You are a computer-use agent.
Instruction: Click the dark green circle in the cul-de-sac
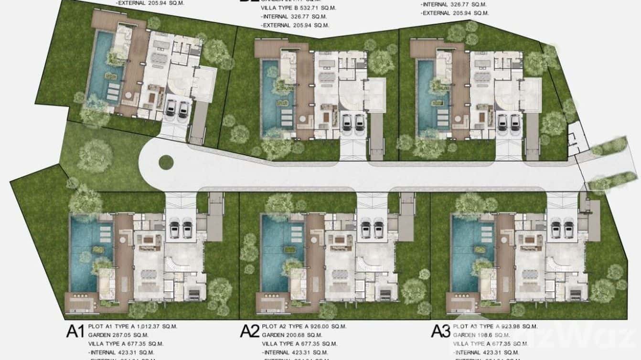coord(166,162)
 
